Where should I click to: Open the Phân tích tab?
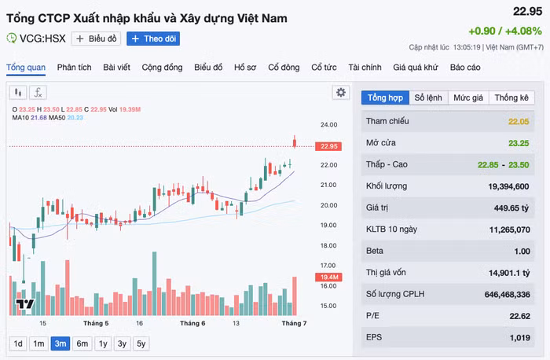(75, 68)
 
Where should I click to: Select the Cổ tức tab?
(324, 68)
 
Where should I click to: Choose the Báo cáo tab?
(465, 68)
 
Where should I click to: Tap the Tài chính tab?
(365, 68)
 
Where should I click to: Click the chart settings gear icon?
(340, 92)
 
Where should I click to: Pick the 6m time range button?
(82, 343)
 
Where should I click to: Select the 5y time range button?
(141, 343)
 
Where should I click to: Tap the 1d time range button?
(17, 343)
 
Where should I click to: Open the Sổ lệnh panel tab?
(428, 97)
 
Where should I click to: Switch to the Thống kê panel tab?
(511, 97)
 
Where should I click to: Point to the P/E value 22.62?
(519, 317)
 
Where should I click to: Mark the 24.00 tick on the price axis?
(328, 124)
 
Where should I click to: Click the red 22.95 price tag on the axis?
(328, 146)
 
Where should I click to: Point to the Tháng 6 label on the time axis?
(192, 323)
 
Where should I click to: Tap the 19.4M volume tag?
(328, 277)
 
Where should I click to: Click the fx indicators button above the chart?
(38, 92)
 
